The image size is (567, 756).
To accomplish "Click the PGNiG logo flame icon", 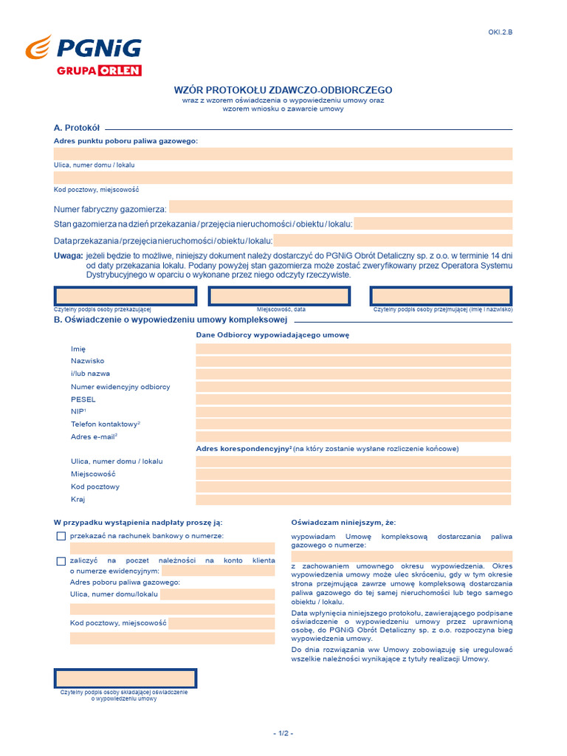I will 39,49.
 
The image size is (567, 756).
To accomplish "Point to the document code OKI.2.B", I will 500,32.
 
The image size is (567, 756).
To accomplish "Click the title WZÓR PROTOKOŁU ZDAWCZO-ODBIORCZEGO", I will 283,89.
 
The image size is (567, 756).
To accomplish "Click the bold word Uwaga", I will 68,255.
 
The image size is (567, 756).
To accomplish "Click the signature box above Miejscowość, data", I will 279,296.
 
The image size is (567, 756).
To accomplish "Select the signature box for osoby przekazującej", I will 125,296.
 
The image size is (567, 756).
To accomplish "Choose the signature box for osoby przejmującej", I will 441,296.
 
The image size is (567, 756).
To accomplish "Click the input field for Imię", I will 353,348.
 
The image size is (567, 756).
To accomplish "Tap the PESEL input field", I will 353,399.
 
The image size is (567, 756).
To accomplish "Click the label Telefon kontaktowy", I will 104,424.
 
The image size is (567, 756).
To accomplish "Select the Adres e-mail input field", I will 353,436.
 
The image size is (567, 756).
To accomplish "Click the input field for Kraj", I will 353,500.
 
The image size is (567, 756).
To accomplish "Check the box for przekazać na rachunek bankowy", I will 61,536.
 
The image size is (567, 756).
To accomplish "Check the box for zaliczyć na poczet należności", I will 61,561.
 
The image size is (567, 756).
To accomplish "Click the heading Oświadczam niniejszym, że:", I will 337,523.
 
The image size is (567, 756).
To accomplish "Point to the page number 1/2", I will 283,733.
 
